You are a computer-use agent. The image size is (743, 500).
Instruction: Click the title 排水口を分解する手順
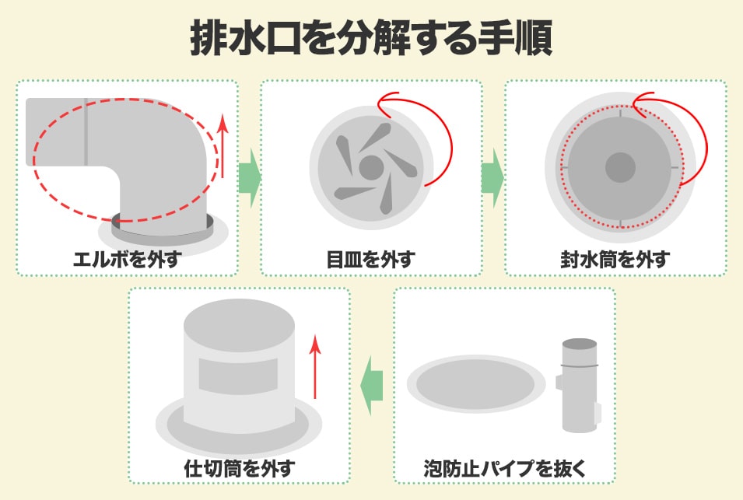pos(371,38)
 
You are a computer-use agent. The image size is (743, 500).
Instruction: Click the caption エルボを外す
pos(128,260)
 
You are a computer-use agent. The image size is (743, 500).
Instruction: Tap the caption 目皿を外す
pos(371,260)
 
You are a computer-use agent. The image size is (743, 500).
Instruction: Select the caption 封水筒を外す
pos(615,260)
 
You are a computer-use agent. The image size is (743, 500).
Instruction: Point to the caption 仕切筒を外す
pos(240,468)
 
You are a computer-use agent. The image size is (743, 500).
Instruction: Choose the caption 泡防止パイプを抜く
pos(505,468)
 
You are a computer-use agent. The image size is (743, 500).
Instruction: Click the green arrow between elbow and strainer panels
pos(249,179)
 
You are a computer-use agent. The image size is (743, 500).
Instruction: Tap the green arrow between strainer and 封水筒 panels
pos(492,179)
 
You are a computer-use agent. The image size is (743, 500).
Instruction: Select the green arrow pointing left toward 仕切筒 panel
pos(372,385)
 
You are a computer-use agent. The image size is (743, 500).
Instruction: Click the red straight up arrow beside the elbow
pos(223,146)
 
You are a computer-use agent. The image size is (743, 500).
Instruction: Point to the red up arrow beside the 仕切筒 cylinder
pos(314,366)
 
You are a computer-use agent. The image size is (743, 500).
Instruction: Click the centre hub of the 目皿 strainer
pos(371,167)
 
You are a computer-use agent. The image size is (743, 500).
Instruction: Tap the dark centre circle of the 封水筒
pos(620,167)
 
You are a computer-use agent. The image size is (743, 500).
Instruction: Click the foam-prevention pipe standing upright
pos(579,386)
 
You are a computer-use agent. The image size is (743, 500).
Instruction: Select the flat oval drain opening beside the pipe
pos(475,384)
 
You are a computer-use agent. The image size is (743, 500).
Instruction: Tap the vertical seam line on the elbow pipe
pos(86,131)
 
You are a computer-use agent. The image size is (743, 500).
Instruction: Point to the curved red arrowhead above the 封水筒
pos(640,100)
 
